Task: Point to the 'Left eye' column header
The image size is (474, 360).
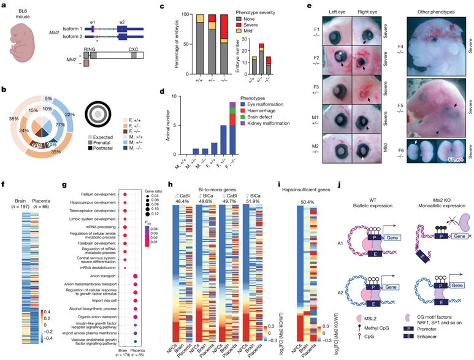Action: click(x=332, y=12)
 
